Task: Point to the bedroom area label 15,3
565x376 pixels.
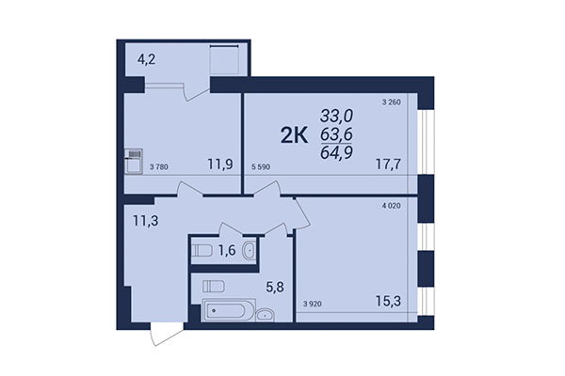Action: [389, 303]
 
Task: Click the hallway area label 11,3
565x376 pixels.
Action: [145, 222]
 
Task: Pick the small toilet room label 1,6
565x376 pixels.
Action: [226, 251]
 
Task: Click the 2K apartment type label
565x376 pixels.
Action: [294, 136]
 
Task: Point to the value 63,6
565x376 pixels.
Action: [335, 135]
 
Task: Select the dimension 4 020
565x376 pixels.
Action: [393, 204]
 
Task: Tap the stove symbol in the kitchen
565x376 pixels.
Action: [134, 155]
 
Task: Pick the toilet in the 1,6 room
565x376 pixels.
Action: [202, 251]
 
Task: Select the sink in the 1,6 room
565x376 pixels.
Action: [248, 251]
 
